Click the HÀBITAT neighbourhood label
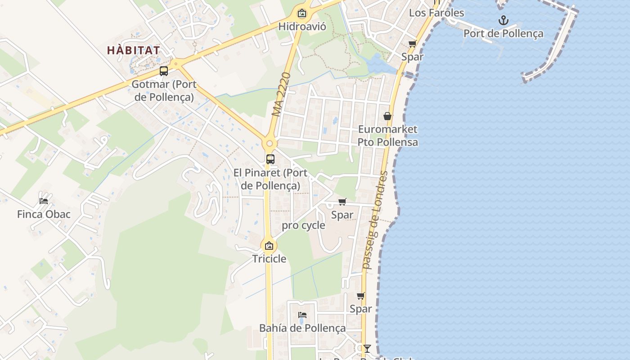coord(134,50)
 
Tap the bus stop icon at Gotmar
coord(164,71)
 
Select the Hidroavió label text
coord(302,26)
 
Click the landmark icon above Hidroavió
coord(302,13)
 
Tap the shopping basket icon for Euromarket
coord(387,116)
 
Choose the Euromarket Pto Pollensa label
coord(387,135)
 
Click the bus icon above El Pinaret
coord(270,159)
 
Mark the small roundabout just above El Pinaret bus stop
coord(270,144)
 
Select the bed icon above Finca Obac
coord(44,201)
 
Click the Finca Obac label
coord(44,214)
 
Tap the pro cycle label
coord(303,225)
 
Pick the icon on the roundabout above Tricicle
coord(269,246)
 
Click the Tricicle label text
coord(269,259)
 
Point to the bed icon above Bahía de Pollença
coord(302,315)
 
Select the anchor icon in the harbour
coord(504,20)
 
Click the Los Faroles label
coord(436,13)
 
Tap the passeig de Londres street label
coord(375,220)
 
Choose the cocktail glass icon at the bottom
coord(367,348)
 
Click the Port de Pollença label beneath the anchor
coord(504,34)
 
